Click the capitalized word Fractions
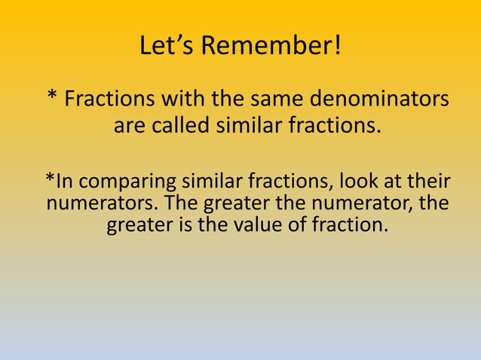tap(107, 99)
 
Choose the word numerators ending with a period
tap(101, 203)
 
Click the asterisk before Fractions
tap(51, 98)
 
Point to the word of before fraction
tap(299, 224)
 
